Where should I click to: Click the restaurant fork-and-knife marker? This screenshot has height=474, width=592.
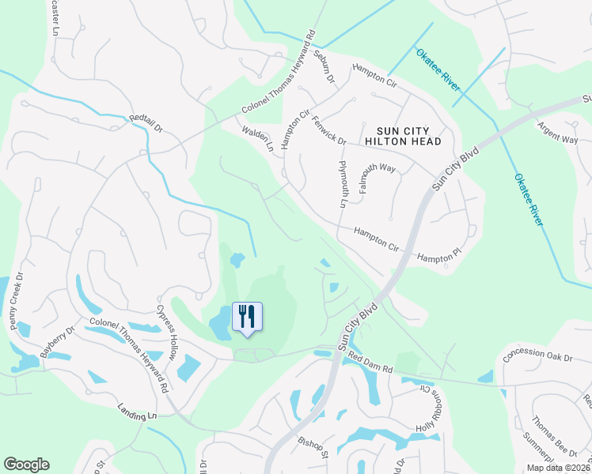(247, 317)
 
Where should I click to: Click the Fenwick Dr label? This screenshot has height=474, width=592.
(329, 130)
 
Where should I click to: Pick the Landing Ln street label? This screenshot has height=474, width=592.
(136, 414)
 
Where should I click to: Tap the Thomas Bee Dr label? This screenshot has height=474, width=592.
(553, 436)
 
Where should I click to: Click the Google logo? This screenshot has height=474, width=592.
(26, 464)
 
